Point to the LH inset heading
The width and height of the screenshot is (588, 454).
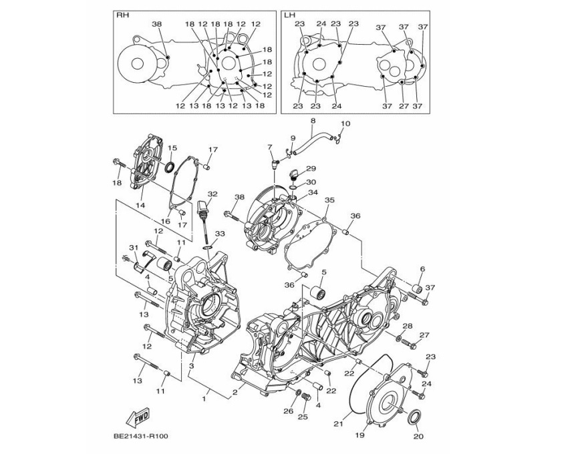289,15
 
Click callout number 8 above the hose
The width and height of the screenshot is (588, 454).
312,121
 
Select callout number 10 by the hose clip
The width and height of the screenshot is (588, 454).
345,124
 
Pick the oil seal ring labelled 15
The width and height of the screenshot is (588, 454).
171,166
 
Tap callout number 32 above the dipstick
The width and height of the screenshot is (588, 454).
212,194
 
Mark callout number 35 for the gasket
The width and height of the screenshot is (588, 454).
329,200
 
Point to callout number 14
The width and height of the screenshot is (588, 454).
140,206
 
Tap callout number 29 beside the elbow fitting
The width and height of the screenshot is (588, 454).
311,169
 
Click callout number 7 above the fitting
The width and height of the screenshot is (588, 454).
270,147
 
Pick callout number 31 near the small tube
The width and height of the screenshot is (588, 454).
133,248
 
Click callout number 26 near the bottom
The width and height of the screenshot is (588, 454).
288,411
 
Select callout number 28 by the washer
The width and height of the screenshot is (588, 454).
407,326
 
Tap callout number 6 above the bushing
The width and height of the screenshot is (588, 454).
422,269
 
